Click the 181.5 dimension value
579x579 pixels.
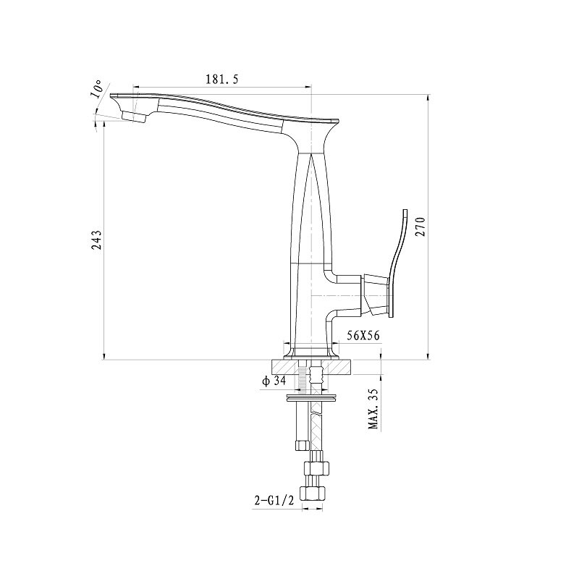[221, 79]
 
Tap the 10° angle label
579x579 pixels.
[96, 88]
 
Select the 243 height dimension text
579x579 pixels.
[97, 240]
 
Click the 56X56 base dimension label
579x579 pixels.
[363, 335]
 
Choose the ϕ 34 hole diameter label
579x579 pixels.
[274, 381]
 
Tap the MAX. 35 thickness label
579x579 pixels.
[374, 409]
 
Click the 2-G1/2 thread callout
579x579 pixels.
[274, 500]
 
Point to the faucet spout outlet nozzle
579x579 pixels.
[133, 116]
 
